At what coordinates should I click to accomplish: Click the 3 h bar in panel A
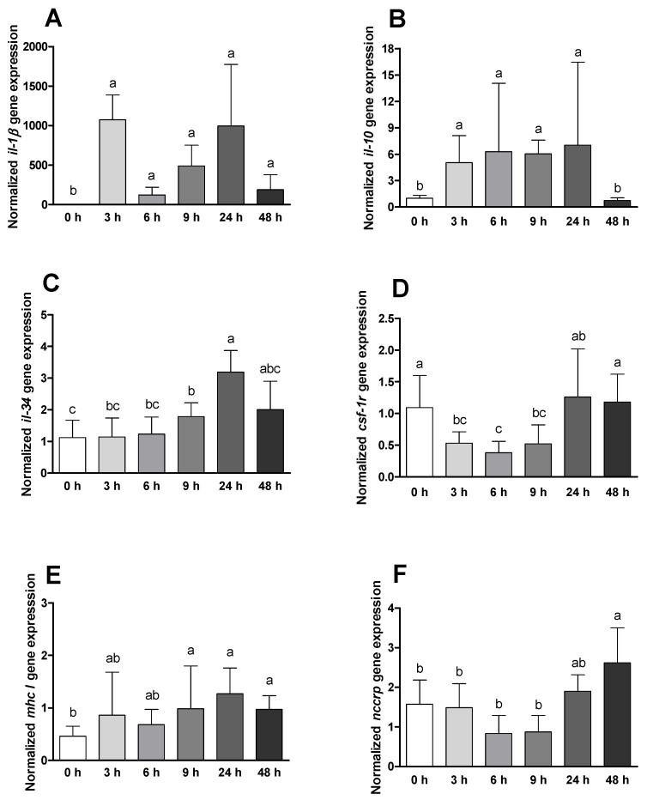coord(112,162)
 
